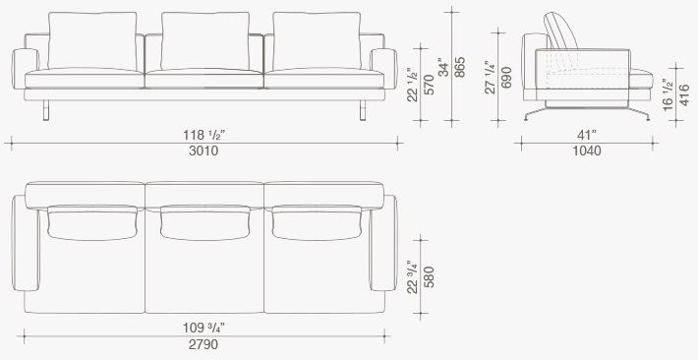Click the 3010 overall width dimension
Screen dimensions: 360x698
(x=204, y=150)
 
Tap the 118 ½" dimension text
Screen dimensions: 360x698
(x=204, y=134)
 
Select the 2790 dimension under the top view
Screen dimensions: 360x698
(x=204, y=344)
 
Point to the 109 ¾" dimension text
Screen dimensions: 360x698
(x=204, y=328)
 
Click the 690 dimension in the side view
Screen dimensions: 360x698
(x=507, y=78)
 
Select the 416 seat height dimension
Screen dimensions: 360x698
(x=685, y=94)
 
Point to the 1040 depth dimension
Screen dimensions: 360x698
(x=586, y=150)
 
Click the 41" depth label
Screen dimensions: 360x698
(x=586, y=134)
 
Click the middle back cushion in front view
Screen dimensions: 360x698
(x=204, y=41)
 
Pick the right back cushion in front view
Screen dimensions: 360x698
(x=317, y=41)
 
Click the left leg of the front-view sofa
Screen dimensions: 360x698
(x=45, y=109)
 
